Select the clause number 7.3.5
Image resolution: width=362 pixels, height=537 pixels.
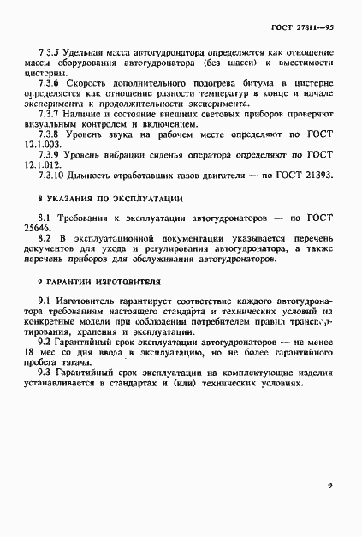[48, 52]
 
